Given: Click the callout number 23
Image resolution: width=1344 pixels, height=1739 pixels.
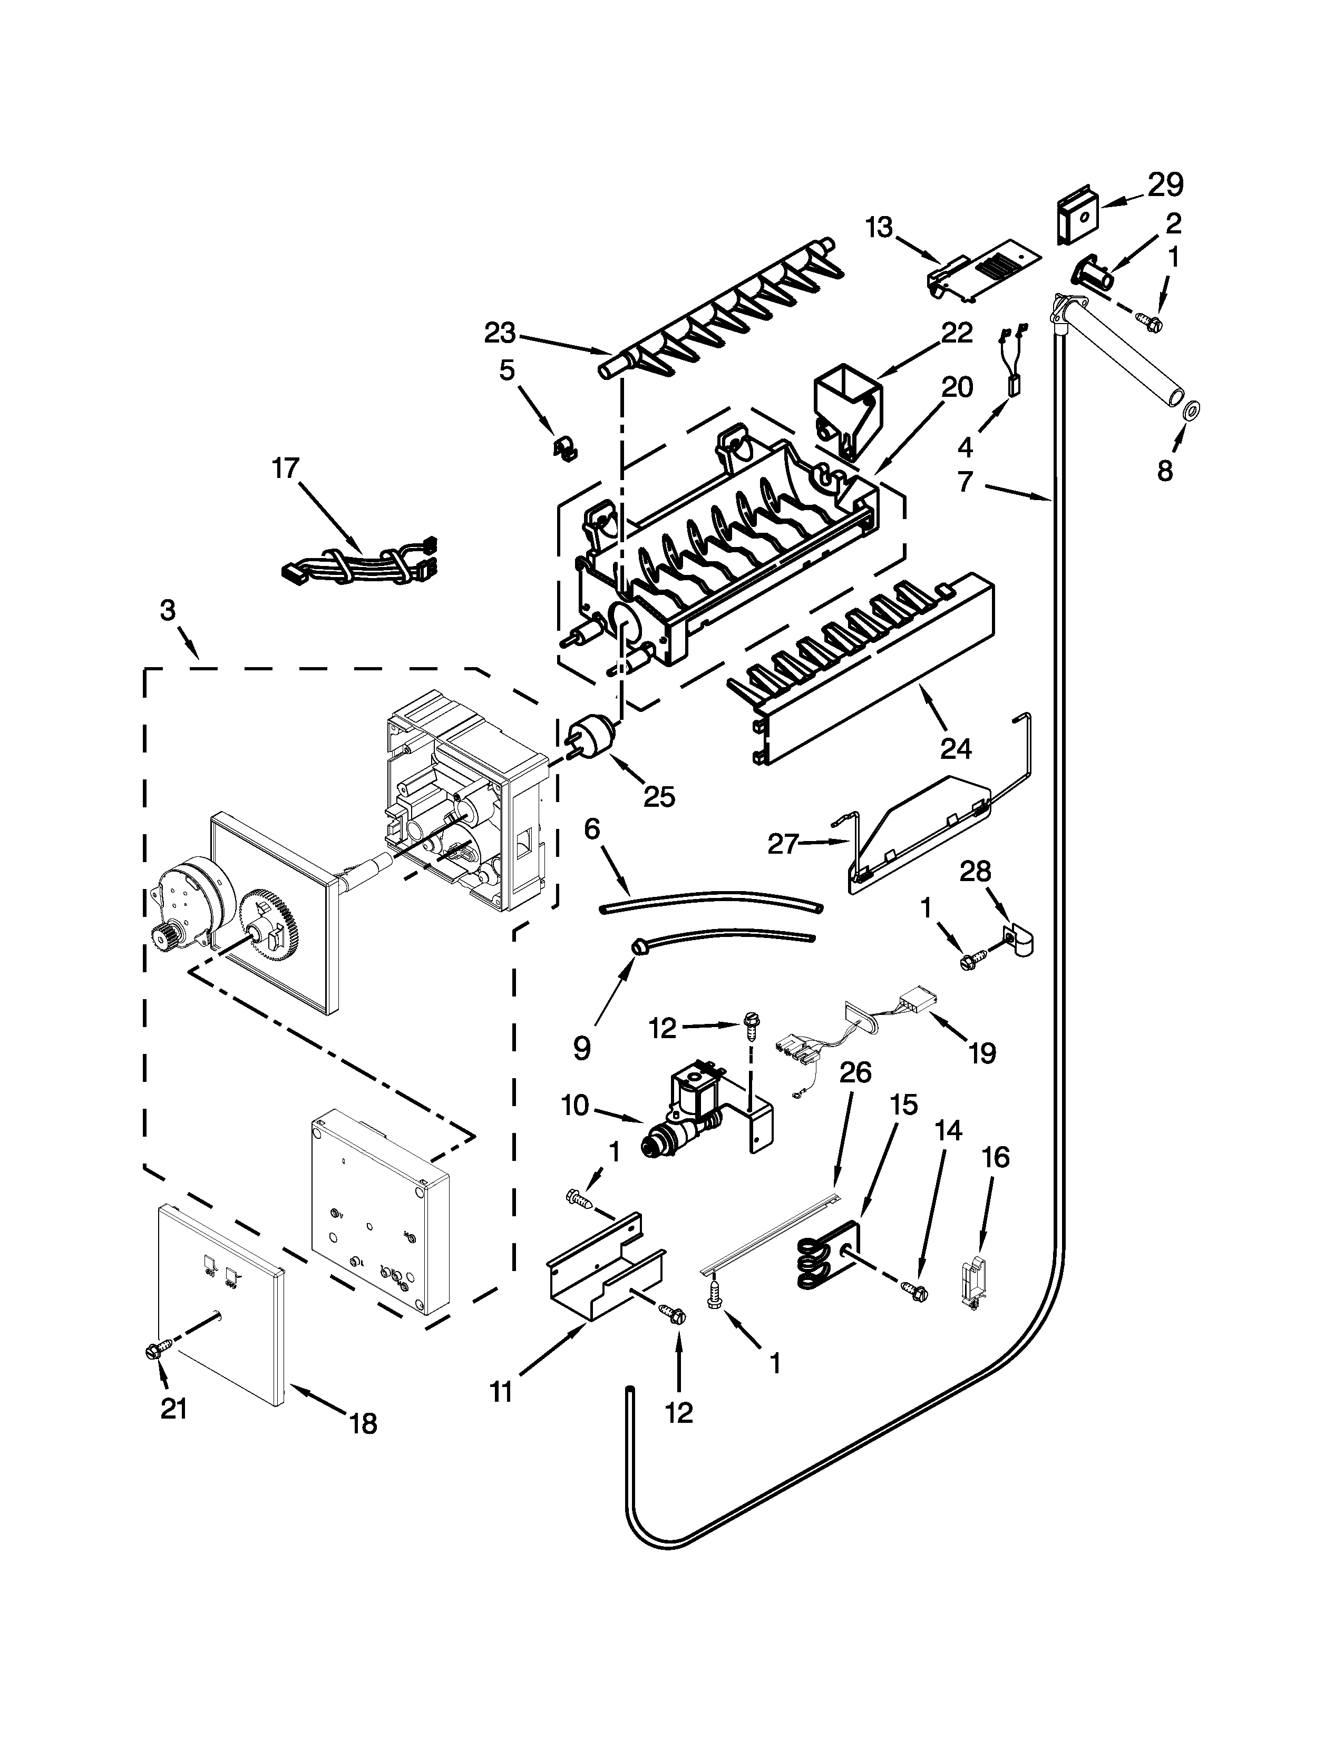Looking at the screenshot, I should tap(500, 333).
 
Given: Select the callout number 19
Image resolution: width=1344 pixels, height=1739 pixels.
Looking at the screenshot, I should tap(982, 1053).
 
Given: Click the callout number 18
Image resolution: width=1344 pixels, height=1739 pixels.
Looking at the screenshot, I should tap(363, 1423).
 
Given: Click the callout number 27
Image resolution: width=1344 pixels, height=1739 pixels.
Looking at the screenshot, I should tap(781, 843).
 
